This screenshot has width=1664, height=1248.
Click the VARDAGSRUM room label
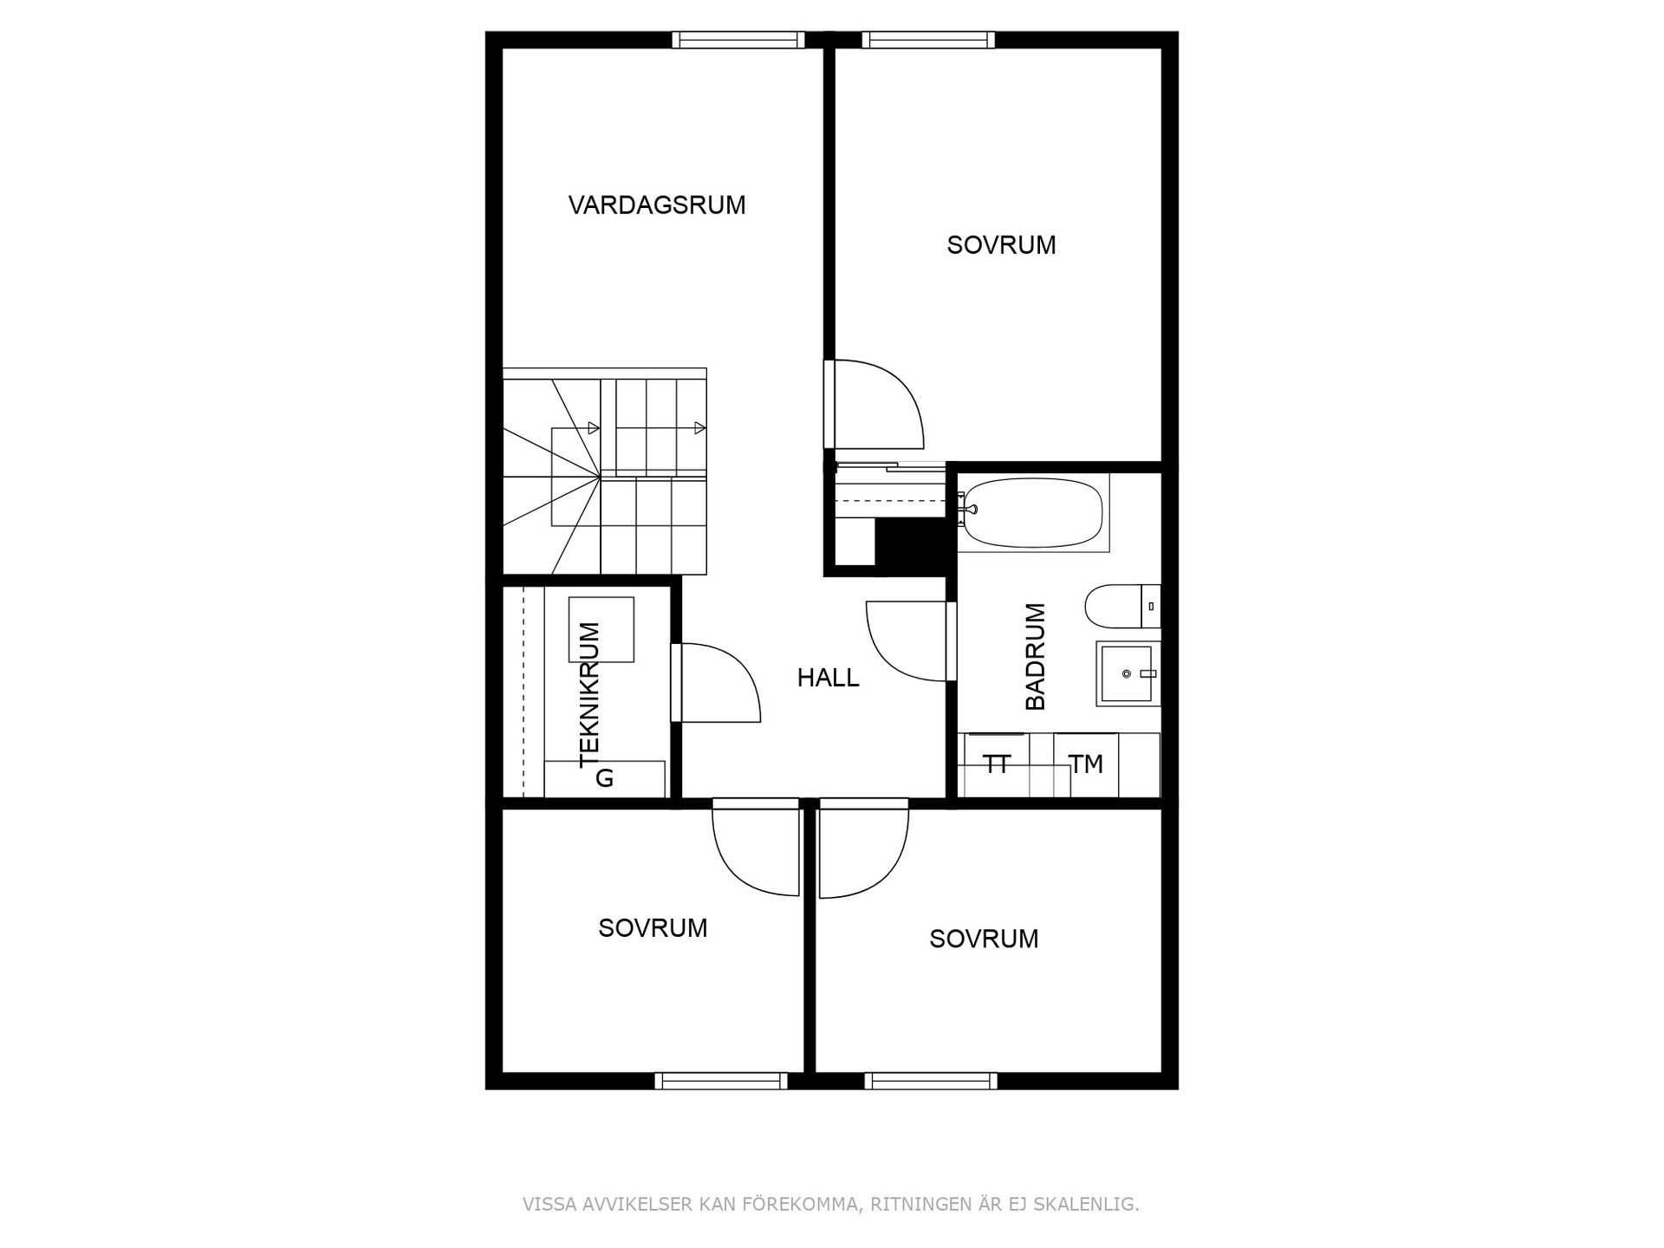(657, 205)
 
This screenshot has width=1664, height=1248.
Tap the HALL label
(828, 678)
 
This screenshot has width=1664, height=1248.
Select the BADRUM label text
(1036, 656)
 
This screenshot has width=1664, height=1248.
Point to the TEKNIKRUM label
(589, 694)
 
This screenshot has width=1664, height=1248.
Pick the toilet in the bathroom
(1118, 606)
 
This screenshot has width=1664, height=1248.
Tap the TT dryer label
(997, 764)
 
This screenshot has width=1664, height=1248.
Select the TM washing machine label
(1085, 764)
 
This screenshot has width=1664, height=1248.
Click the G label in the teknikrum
(604, 778)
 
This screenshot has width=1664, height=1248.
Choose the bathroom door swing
(906, 641)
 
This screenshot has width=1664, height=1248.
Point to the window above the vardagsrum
(738, 40)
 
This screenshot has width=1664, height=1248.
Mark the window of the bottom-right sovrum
(931, 1081)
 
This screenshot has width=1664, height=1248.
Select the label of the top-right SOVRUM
(1001, 245)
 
